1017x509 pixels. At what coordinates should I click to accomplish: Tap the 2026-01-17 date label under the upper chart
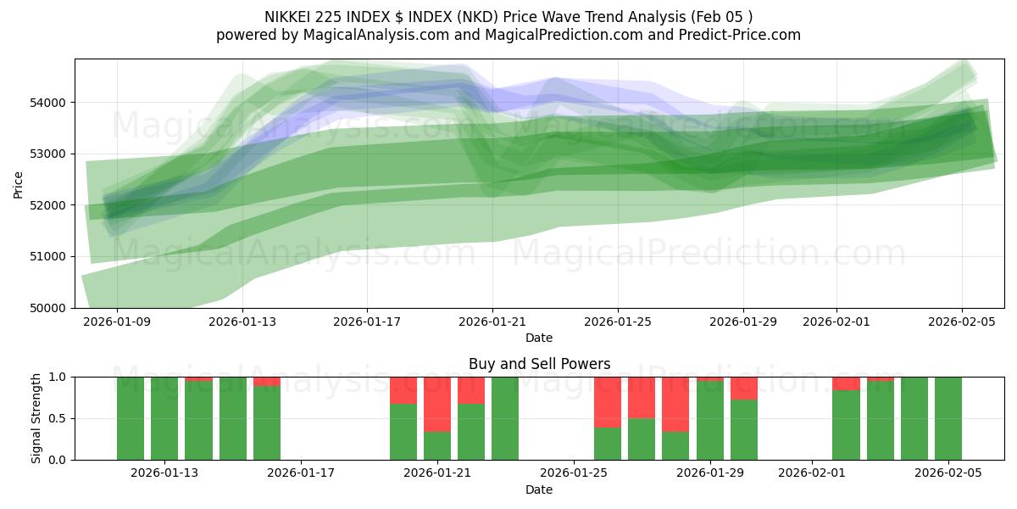[x=367, y=322]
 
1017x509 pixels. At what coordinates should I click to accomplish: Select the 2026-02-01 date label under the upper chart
[x=836, y=322]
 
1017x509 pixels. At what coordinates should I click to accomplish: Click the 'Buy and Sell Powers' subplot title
[x=539, y=364]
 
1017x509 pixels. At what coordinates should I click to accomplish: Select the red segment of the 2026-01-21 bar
[x=437, y=404]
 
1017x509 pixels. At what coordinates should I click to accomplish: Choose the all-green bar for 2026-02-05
[x=948, y=418]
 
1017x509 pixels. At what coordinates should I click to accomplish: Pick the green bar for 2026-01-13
[x=164, y=418]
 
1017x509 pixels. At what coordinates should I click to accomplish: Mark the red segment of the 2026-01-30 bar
[x=744, y=388]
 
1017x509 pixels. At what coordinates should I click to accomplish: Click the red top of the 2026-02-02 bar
[x=846, y=383]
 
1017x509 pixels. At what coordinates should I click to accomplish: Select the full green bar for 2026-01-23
[x=505, y=418]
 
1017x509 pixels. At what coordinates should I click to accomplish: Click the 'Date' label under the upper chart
[x=539, y=338]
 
